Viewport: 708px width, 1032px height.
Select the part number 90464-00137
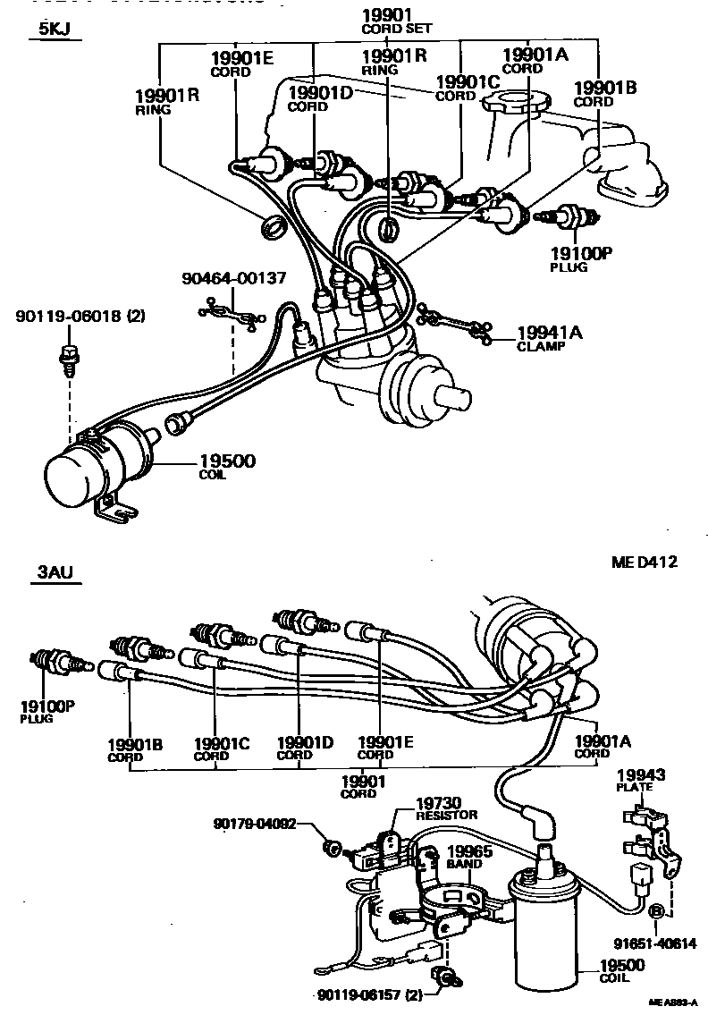tap(233, 278)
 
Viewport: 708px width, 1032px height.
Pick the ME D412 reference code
tap(644, 563)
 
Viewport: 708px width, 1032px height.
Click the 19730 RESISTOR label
tap(447, 808)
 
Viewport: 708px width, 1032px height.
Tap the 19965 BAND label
tap(468, 857)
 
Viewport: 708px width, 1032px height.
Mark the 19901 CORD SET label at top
tap(396, 20)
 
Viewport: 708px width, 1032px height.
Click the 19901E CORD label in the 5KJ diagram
tap(241, 64)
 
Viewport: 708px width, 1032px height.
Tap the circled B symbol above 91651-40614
tap(656, 911)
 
